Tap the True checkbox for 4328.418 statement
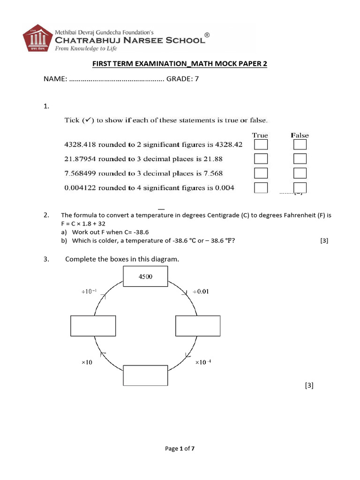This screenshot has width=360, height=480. point(261,145)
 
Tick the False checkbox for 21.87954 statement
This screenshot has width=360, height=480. point(300,158)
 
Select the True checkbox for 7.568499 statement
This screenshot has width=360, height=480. point(261,173)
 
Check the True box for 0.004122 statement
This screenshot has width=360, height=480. point(261,188)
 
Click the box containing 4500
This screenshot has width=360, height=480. point(145,276)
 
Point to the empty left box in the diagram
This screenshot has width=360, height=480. point(93,326)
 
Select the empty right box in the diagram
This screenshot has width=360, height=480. point(198,326)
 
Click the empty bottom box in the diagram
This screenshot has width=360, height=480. point(145,376)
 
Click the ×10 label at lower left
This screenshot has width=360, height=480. point(87,362)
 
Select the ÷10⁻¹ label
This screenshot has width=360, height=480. point(90,292)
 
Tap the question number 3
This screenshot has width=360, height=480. point(46,259)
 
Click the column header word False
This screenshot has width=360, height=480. point(300,135)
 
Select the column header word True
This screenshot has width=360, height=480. point(260,135)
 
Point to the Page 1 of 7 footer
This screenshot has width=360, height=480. point(180,449)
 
